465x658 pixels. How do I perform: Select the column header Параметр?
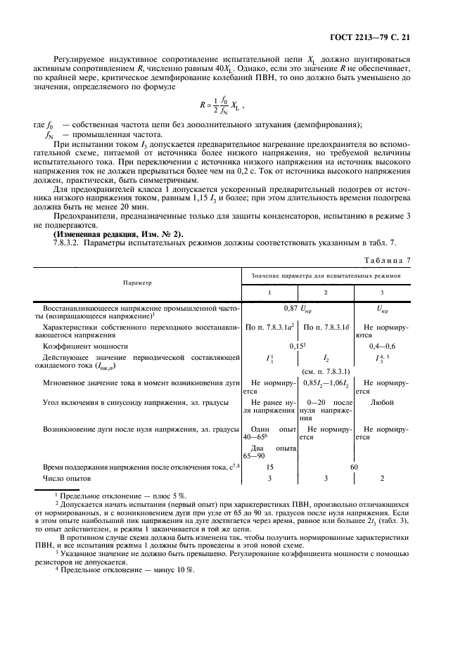tap(137, 283)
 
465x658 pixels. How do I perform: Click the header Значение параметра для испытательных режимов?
tap(326, 276)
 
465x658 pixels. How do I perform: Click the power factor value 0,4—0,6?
tap(383, 346)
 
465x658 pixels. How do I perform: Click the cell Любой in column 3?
tap(383, 401)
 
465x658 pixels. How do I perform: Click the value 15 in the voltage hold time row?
tap(270, 466)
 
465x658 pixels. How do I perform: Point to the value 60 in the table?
tap(354, 466)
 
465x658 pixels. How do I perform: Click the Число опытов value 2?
tap(383, 478)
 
